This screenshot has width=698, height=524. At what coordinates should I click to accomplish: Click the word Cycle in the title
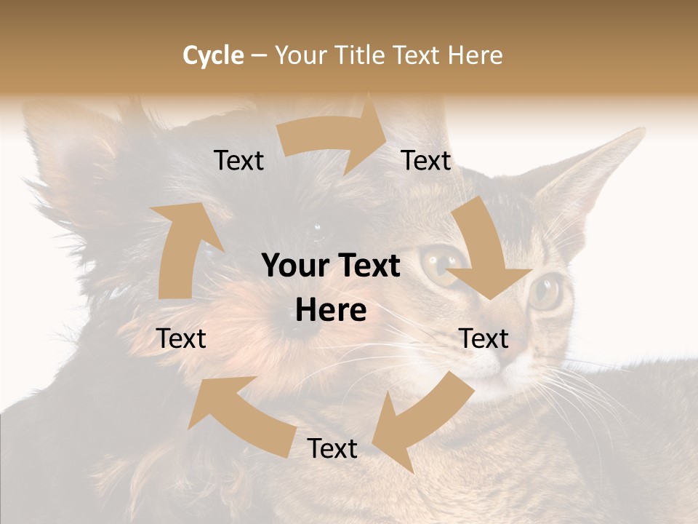[x=213, y=55]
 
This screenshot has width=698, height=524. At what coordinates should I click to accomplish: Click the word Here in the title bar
[x=475, y=55]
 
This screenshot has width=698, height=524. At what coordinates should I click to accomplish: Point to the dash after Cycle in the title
[x=259, y=55]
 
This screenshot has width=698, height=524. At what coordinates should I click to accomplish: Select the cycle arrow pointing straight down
[x=484, y=251]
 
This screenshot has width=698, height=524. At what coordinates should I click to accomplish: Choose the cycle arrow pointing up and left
[x=240, y=415]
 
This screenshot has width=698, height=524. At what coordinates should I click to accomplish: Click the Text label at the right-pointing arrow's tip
[x=426, y=161]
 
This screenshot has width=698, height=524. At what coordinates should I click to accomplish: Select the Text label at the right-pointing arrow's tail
[x=238, y=161]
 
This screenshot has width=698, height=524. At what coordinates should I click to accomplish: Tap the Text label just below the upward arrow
[x=182, y=338]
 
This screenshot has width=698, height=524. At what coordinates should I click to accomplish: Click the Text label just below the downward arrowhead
[x=484, y=338]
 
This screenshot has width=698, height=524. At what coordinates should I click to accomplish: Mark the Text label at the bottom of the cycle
[x=332, y=448]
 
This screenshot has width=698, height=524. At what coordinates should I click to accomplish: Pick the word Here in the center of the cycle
[x=331, y=311]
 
